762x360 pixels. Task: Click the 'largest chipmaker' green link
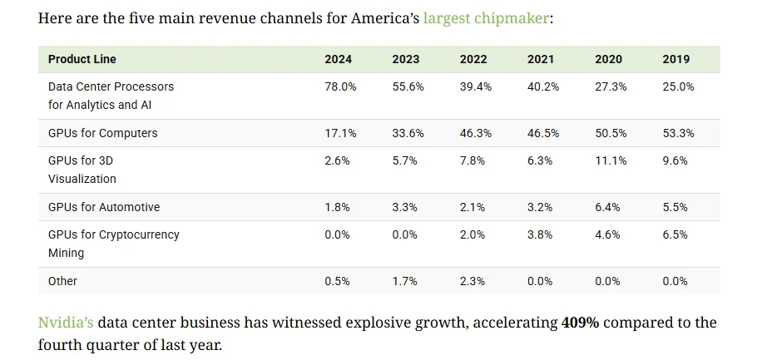[487, 19]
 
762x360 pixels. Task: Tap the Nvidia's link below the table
[66, 323]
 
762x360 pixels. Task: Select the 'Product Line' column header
[82, 59]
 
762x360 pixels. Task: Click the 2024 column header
[339, 59]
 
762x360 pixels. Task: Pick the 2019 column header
[676, 59]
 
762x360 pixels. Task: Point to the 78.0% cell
[340, 87]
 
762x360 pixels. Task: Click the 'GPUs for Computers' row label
[103, 133]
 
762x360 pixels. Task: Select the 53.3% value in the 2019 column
[678, 133]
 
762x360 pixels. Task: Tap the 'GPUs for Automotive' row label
[104, 207]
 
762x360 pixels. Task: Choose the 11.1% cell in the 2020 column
[611, 160]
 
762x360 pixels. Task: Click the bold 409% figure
[581, 323]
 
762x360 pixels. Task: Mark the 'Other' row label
[62, 281]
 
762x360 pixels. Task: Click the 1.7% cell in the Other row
[405, 281]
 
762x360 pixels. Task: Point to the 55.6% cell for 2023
[408, 87]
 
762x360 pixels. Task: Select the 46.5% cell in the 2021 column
[543, 133]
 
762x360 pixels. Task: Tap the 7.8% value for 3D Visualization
[473, 160]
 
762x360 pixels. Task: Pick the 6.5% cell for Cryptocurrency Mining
[675, 234]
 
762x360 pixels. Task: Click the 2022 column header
[473, 59]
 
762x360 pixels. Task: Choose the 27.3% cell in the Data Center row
[611, 87]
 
